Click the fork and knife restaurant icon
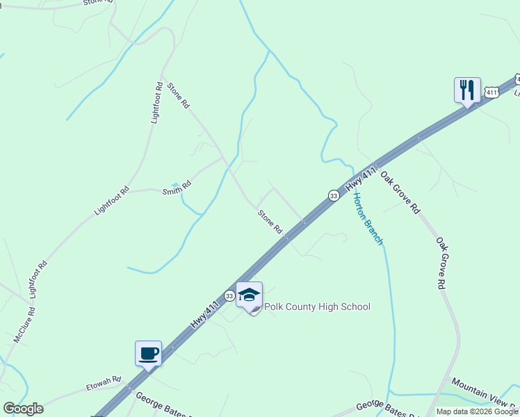coord(467,90)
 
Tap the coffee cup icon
coord(148,353)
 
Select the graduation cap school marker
coord(249,295)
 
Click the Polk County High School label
coord(316,306)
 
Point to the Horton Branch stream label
coord(368,218)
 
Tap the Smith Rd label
coord(177,188)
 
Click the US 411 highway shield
coord(491,92)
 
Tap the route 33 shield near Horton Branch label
coord(334,196)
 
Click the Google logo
coord(23,409)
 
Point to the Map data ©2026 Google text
coord(478,411)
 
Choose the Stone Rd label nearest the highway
coord(270,222)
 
